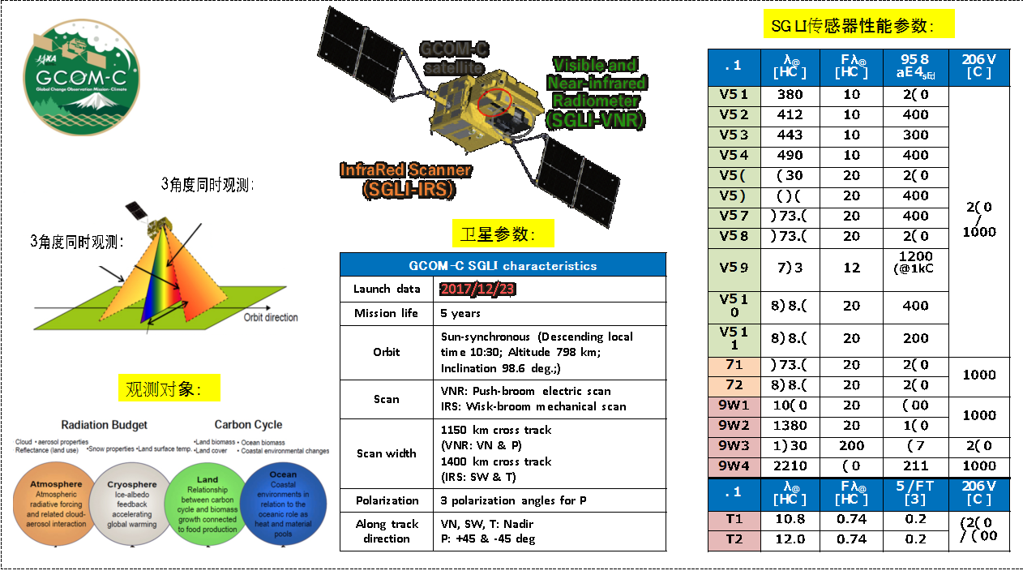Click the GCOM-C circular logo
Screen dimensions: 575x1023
[81, 77]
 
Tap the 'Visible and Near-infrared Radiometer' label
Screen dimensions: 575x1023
[596, 92]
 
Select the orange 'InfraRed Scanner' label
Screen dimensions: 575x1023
[405, 179]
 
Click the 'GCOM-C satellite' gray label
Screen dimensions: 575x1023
[453, 58]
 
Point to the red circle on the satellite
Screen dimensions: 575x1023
[494, 103]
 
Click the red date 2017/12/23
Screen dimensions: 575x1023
[477, 289]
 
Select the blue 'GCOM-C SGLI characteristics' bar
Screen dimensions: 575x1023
[503, 265]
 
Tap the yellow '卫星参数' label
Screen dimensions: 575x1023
[503, 234]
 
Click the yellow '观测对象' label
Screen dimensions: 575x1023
[169, 388]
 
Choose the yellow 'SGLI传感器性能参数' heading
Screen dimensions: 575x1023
[858, 25]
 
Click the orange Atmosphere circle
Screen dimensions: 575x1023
[56, 504]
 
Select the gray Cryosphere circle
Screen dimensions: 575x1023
[131, 504]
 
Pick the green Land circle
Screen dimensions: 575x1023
[208, 504]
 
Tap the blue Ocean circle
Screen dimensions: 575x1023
[283, 504]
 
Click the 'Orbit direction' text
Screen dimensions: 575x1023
[271, 317]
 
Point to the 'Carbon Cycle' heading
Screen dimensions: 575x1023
[248, 425]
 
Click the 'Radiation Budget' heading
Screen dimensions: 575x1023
[105, 425]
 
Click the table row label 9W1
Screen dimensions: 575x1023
[734, 406]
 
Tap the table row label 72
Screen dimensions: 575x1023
[734, 385]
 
